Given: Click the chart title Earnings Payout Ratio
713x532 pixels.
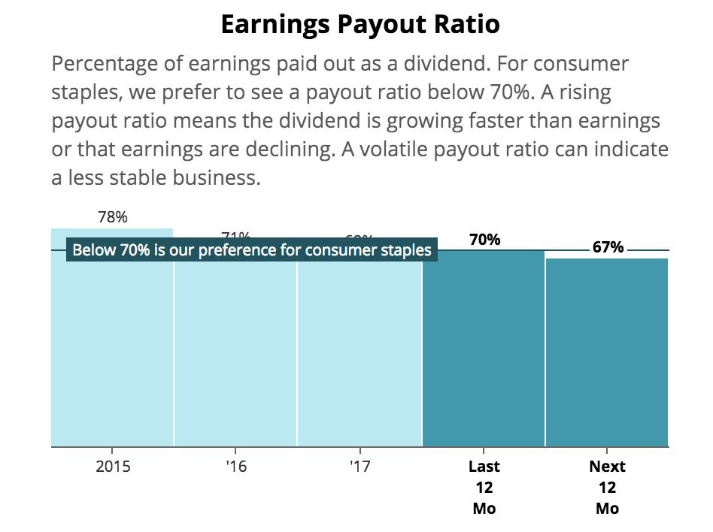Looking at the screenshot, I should (x=360, y=25).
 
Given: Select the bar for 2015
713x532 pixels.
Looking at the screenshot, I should (x=112, y=353).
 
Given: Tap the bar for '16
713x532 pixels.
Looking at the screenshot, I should (x=235, y=353).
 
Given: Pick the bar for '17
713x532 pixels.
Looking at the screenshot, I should (x=360, y=353).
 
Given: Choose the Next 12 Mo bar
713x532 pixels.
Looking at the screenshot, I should (x=607, y=353).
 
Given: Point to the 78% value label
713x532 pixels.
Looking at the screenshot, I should (x=113, y=217).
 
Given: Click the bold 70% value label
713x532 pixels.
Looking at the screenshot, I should (x=484, y=240).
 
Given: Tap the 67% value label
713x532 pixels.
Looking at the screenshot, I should (x=608, y=247).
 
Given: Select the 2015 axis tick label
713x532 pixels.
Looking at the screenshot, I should (x=113, y=467).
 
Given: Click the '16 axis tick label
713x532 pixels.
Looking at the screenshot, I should (x=235, y=467).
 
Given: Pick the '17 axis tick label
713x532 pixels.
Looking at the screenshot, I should (x=360, y=467).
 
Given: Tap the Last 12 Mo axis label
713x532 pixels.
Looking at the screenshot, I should (x=484, y=487).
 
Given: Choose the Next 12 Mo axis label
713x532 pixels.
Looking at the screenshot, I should (x=607, y=487).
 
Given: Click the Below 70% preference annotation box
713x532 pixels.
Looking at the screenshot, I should (x=251, y=250).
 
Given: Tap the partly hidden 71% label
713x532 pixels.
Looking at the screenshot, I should (x=236, y=236).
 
